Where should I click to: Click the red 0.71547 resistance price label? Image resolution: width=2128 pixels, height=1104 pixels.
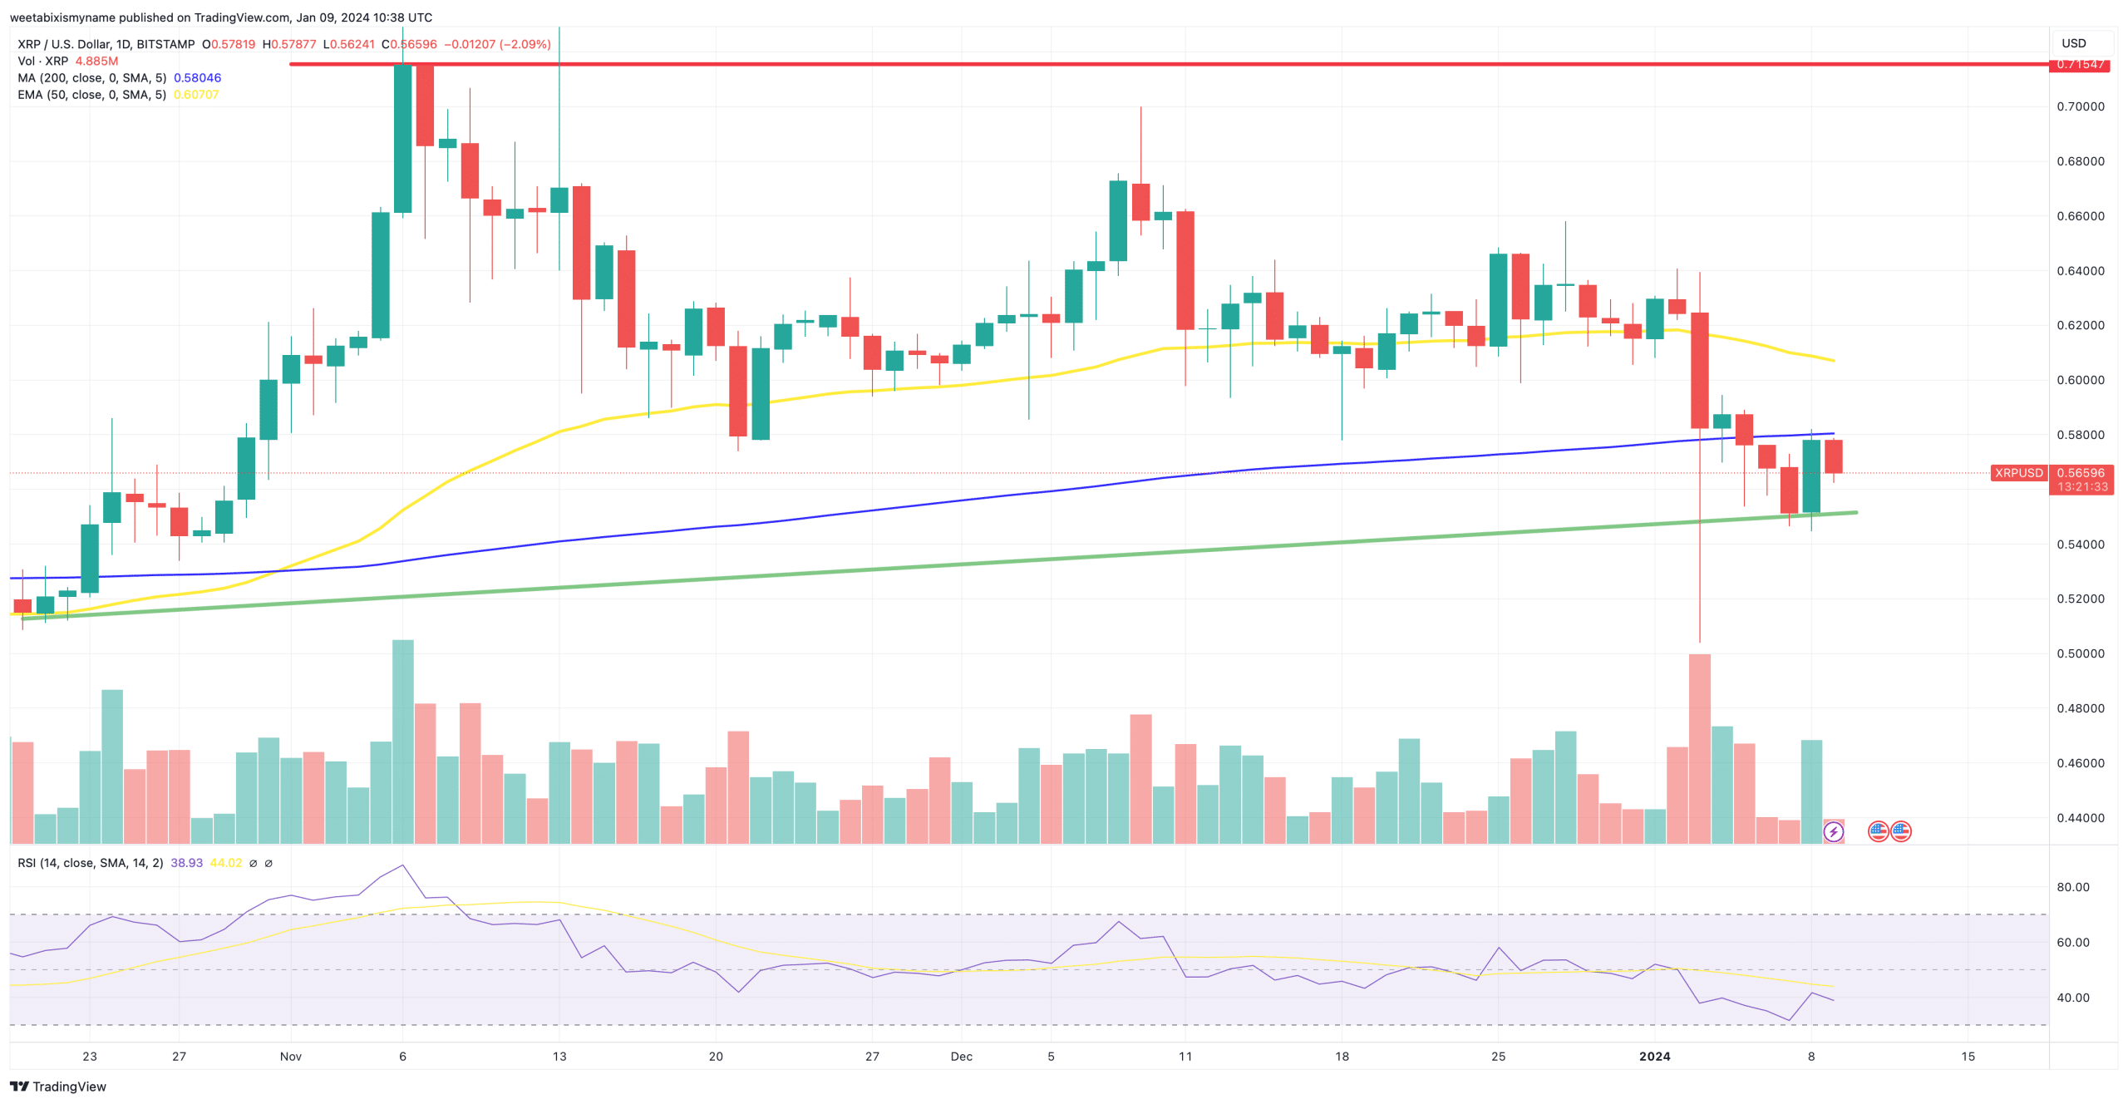[x=2080, y=65]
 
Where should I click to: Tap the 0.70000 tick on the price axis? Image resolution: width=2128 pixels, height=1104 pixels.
[x=2080, y=106]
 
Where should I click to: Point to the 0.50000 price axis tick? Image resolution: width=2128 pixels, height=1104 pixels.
[x=2080, y=653]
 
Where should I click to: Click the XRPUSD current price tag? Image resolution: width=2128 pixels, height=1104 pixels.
[x=2017, y=473]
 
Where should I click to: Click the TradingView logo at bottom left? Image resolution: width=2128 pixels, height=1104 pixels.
[x=58, y=1087]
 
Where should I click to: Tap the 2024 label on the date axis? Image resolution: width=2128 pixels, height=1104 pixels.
[x=1653, y=1057]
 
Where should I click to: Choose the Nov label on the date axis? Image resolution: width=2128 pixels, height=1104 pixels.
[x=290, y=1057]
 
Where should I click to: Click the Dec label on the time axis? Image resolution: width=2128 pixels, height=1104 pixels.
[x=961, y=1057]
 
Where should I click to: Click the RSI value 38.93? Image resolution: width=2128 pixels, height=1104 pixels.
[x=186, y=863]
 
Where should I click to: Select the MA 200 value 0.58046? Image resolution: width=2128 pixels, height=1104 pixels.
[x=197, y=78]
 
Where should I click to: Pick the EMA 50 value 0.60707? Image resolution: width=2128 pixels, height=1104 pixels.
[x=196, y=95]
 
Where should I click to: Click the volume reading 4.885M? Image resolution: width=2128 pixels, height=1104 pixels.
[x=96, y=62]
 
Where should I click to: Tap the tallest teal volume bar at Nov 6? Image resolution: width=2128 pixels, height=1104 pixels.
[x=402, y=740]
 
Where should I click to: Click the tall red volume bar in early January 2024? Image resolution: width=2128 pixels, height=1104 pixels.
[x=1699, y=748]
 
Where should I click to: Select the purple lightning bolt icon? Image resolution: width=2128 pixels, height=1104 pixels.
[x=1833, y=831]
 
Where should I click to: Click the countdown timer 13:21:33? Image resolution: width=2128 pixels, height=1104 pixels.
[x=2081, y=487]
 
